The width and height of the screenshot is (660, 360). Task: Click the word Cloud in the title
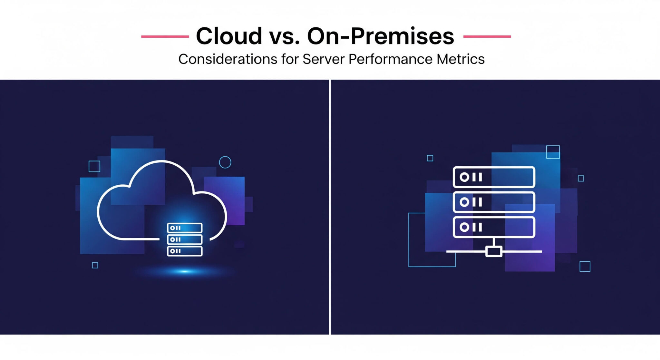(229, 36)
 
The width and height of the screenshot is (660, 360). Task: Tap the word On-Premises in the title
(380, 36)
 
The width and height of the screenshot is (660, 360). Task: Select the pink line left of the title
(165, 36)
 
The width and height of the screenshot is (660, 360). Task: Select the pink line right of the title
(487, 36)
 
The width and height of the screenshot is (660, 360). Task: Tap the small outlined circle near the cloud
(225, 162)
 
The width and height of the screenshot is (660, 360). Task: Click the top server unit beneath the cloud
(185, 228)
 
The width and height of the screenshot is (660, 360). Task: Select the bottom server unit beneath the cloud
(185, 251)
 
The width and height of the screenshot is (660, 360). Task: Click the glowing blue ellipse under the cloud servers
(184, 271)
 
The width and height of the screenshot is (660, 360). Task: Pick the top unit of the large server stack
(494, 177)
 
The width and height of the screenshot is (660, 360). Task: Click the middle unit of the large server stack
(494, 202)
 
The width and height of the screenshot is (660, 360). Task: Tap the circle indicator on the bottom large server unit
(464, 227)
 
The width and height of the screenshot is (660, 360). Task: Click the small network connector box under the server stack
(494, 251)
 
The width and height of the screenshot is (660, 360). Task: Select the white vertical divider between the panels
(330, 206)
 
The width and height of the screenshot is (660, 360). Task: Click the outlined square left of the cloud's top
(94, 166)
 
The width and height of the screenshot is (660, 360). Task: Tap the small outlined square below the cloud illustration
(95, 265)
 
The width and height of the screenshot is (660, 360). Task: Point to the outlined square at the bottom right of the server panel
(585, 267)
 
